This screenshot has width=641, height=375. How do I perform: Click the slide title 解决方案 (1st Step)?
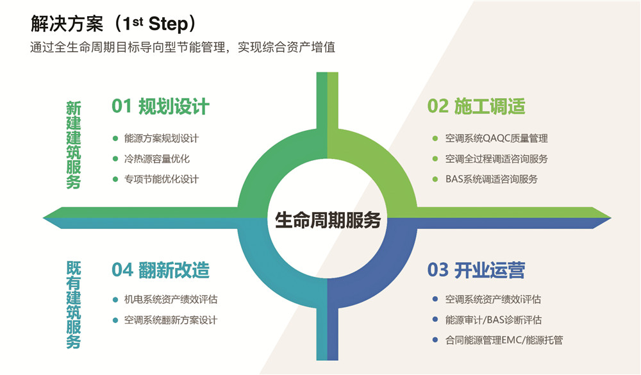113,24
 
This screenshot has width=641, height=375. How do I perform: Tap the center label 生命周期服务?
328,220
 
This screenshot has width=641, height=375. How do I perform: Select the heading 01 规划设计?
160,106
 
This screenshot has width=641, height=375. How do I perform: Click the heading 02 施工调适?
476,106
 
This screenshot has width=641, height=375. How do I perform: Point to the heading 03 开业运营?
476,270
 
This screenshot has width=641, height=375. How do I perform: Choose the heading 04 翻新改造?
160,270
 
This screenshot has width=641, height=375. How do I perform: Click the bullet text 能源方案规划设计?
162,138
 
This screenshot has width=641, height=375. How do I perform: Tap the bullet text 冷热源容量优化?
157,159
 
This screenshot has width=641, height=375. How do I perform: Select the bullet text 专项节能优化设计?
162,179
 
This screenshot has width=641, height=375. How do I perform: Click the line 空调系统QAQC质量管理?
496,138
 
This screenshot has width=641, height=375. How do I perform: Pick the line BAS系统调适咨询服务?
492,179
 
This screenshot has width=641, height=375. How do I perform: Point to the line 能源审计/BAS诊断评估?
494,320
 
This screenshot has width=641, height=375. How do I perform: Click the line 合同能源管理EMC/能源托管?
504,340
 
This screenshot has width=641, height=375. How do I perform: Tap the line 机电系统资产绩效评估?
171,299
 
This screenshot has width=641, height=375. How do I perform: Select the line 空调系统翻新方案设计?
171,320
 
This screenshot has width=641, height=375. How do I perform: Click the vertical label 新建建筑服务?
74,145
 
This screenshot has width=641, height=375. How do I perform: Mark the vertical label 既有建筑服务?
74,305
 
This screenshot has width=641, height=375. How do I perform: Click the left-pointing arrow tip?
44,218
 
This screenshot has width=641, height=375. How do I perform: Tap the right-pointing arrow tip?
611,218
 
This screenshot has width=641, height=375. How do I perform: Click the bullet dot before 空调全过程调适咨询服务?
435,159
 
